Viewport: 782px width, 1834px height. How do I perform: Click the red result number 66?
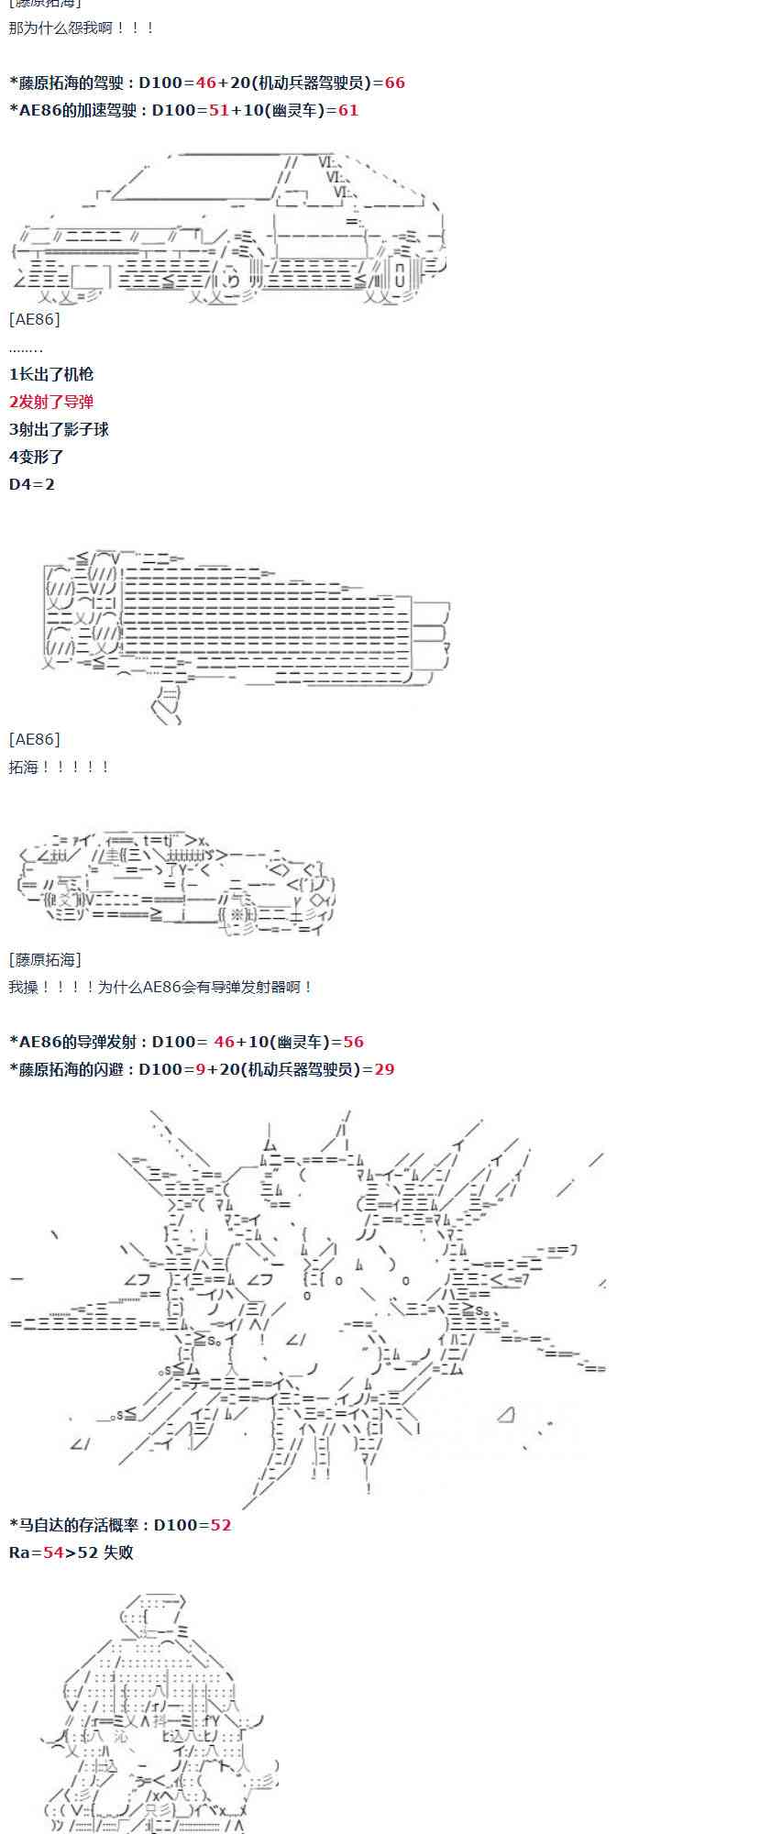pos(394,83)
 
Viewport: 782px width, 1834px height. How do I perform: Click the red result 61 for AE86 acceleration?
pos(348,110)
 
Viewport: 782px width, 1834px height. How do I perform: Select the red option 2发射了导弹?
pos(51,402)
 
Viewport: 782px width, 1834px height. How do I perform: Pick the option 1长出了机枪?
pos(51,374)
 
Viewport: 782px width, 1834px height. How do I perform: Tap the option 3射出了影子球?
pos(59,429)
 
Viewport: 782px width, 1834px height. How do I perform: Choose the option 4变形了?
pos(37,457)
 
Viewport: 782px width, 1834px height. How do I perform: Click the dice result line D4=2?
pos(32,484)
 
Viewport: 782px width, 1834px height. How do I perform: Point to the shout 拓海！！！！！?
pos(60,767)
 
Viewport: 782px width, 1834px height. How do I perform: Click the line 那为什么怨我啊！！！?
pos(82,28)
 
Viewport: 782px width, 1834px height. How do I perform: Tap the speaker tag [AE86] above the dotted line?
pos(34,319)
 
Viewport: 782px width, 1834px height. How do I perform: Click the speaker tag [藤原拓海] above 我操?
pos(45,959)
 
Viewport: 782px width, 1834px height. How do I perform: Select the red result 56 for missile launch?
pos(353,1042)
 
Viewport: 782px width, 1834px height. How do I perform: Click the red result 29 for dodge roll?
pos(384,1069)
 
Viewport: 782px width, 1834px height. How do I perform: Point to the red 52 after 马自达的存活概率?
pos(221,1525)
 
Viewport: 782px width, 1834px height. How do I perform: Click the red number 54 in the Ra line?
pos(53,1552)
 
